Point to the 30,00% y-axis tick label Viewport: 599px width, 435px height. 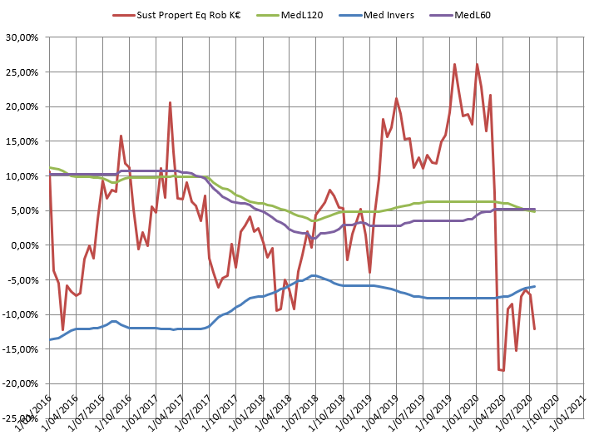pos(24,37)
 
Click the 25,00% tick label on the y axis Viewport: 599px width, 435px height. pos(24,72)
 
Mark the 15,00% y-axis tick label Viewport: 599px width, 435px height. pos(24,141)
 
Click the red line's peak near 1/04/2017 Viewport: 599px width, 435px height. pos(170,103)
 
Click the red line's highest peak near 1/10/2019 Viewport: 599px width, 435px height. pos(454,64)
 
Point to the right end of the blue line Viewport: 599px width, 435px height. pos(534,286)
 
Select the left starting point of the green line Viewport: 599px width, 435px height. pos(50,167)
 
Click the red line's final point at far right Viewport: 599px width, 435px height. pos(534,329)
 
